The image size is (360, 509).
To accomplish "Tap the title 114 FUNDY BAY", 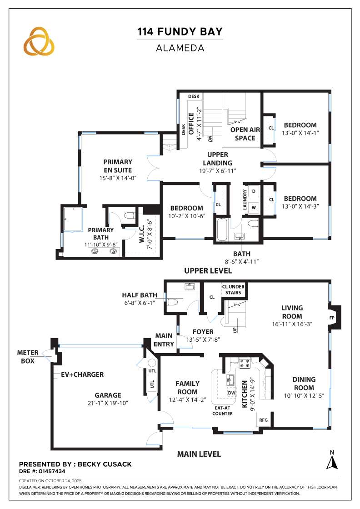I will [180, 32].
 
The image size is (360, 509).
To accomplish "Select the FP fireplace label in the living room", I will [331, 318].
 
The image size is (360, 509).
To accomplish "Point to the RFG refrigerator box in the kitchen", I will [263, 420].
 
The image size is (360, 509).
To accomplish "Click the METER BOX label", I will [28, 356].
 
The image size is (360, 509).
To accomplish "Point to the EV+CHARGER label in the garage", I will [80, 374].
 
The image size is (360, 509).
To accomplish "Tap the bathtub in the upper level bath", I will [222, 230].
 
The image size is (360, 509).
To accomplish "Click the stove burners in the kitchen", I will [244, 363].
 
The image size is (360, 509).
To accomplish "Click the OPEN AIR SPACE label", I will [245, 134].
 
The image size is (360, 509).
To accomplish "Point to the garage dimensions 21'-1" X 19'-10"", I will [108, 403].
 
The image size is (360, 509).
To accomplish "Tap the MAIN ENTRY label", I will [164, 340].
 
